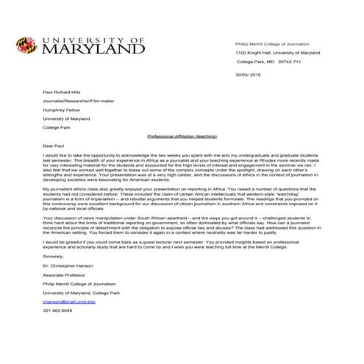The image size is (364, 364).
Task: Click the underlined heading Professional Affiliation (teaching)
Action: [182, 136]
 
